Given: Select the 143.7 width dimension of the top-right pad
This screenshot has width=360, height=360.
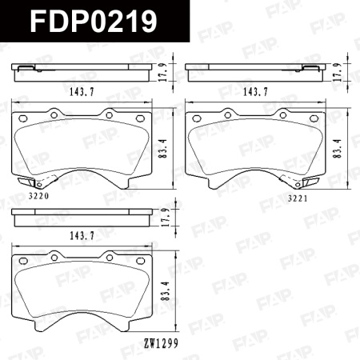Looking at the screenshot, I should pos(254,92).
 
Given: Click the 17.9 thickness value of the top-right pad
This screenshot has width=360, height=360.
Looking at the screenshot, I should pos(337,74).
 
